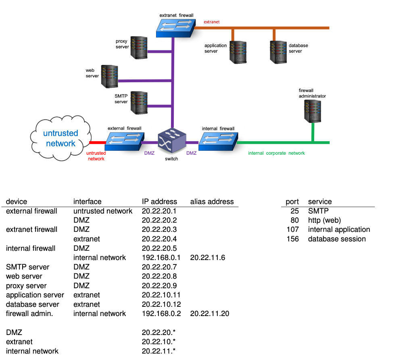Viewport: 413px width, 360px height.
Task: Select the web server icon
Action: [109, 77]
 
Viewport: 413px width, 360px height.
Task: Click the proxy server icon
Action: [139, 47]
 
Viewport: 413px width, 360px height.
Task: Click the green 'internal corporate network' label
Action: [276, 153]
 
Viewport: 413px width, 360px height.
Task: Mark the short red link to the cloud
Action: [97, 142]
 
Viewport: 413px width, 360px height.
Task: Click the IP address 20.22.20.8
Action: [159, 276]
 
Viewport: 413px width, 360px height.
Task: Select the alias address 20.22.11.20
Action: [209, 314]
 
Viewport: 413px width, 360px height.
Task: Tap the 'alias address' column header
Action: [212, 202]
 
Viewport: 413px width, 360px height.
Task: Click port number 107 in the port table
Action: [292, 229]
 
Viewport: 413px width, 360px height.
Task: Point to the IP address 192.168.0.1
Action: [161, 258]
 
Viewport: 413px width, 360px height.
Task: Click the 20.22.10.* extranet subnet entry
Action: [159, 341]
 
